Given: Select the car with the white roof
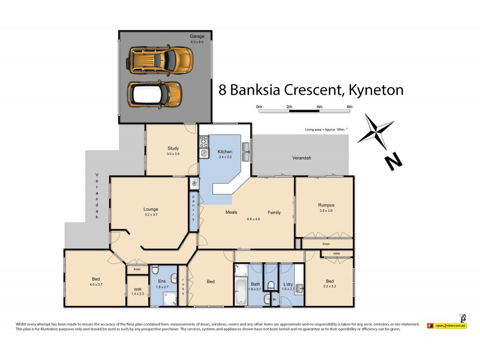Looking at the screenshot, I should [154, 93].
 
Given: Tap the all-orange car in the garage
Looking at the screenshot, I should [160, 59].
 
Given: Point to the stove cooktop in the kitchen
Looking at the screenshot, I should [204, 142].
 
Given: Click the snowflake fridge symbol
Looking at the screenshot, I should [194, 184].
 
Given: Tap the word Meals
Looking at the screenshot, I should [232, 212].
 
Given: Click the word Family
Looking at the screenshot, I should [274, 212].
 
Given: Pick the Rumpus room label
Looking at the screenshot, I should [325, 205].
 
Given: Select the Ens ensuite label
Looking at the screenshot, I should [161, 281].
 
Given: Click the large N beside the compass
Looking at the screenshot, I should [393, 160].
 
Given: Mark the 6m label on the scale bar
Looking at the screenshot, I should [349, 106].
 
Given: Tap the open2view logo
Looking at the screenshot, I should [447, 325].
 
